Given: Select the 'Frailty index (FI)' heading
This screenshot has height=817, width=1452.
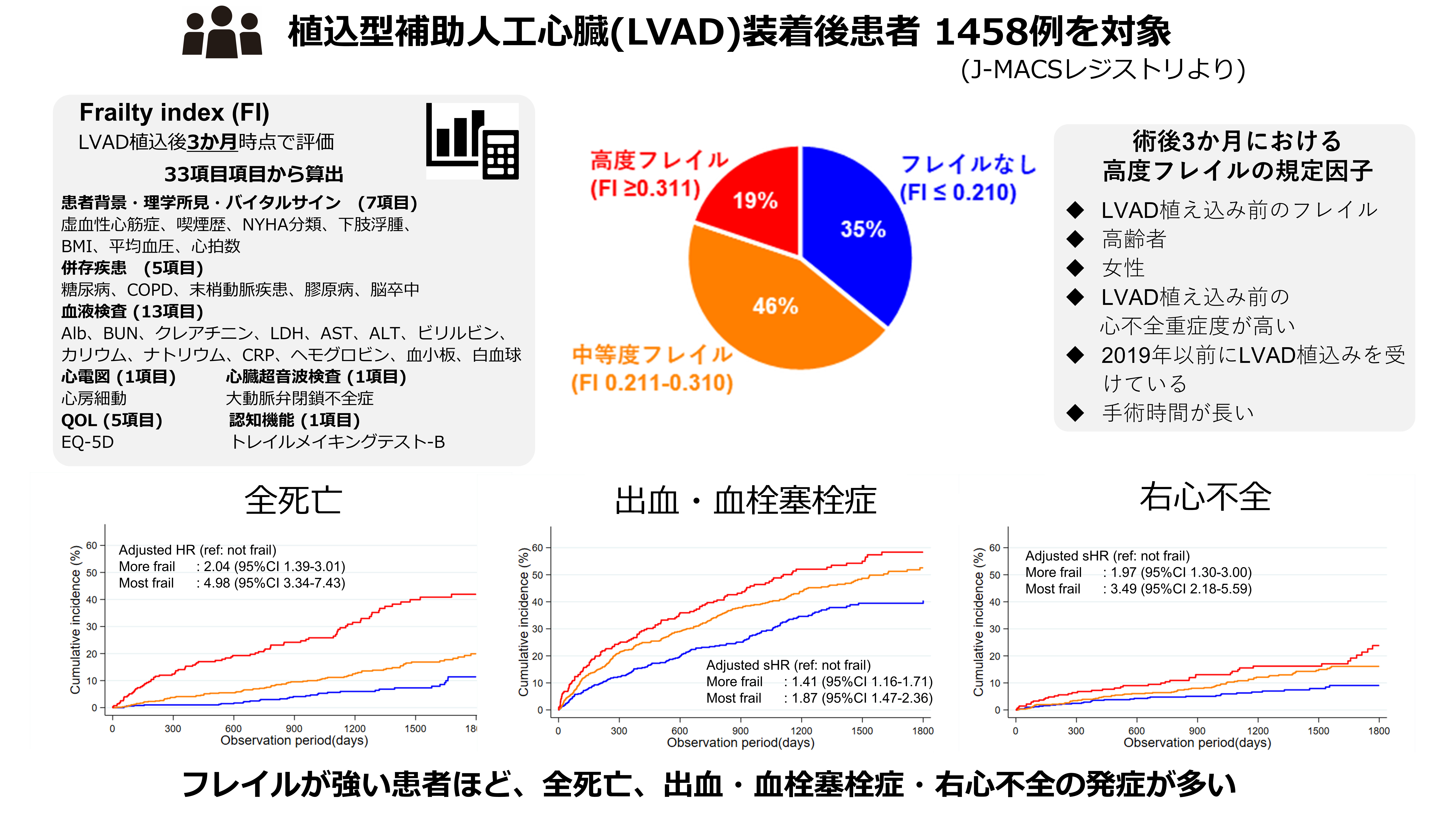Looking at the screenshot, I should [x=174, y=113].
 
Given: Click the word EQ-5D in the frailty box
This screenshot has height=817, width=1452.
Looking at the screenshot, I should [x=87, y=442].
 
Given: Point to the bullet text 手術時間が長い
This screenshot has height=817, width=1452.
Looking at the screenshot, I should [x=1178, y=413].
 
